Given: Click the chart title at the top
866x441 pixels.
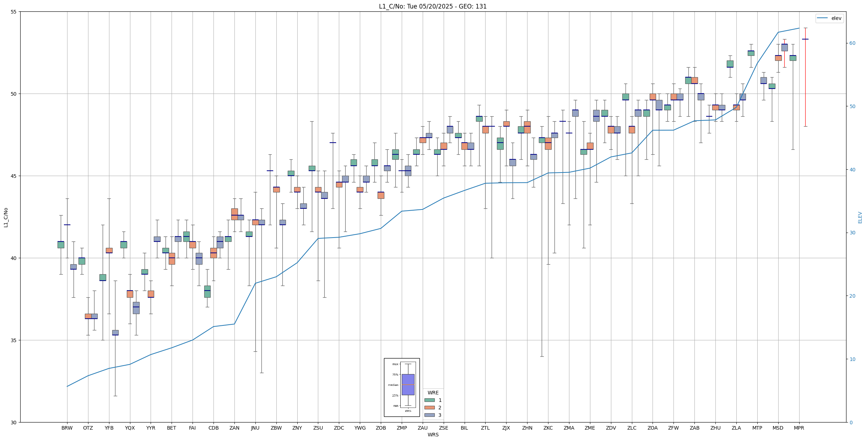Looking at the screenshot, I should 433,6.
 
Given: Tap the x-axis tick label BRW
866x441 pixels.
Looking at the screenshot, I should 67,428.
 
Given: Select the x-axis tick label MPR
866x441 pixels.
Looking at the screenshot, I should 799,428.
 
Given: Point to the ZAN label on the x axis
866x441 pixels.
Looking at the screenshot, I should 234,428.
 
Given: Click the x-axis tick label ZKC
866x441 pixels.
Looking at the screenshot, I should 548,428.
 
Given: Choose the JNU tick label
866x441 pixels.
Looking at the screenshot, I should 255,428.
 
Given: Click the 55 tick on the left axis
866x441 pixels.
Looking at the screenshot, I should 14,12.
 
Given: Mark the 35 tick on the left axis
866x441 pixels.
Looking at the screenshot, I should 14,340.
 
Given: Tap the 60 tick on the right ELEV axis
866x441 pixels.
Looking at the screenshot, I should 852,43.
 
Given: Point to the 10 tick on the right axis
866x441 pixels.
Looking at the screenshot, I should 852,359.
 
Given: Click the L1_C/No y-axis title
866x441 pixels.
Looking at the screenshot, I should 6,217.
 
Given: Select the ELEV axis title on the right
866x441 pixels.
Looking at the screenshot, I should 860,217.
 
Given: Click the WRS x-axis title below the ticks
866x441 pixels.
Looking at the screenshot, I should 433,435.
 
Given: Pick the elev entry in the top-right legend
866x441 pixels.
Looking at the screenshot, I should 836,18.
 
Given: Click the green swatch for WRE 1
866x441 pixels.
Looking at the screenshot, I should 429,400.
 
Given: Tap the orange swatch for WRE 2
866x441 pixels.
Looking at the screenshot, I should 429,408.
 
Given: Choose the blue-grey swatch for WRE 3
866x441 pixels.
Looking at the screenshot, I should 429,415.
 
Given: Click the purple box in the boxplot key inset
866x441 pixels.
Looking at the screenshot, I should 408,384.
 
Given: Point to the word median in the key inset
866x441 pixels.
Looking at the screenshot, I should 393,385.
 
